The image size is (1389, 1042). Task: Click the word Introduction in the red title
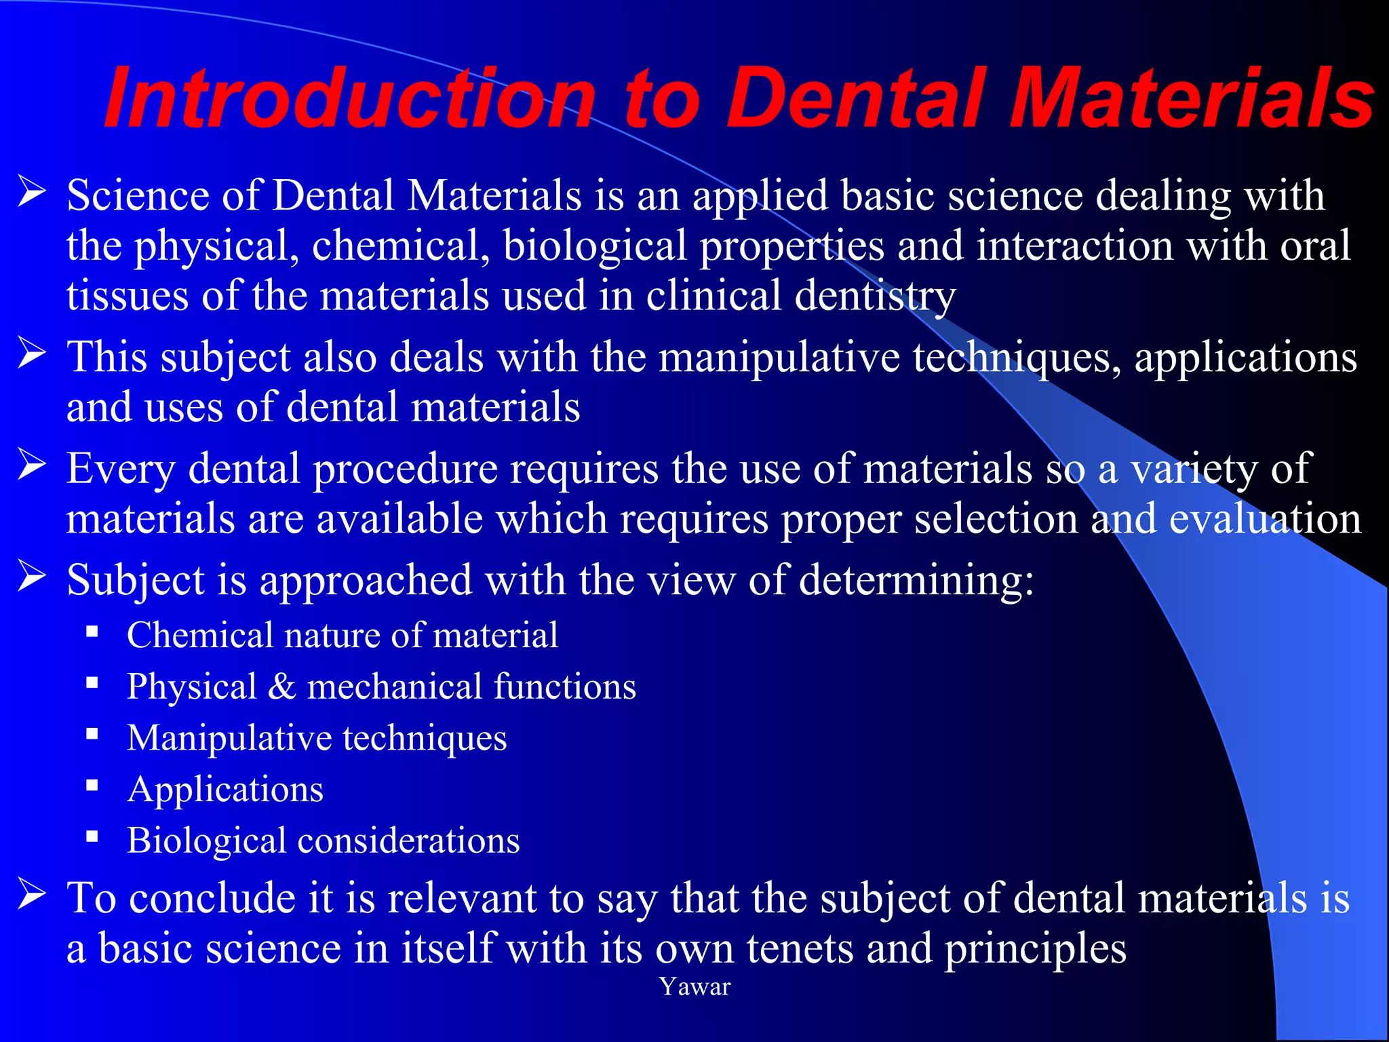coord(349,98)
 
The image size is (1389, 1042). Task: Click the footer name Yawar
coord(695,987)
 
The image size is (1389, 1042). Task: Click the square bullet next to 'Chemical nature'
coord(92,632)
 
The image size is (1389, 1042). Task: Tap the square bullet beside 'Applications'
coord(92,786)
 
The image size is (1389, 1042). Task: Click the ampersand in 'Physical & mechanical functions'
coord(281,687)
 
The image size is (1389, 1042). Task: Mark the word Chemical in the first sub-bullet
coord(199,636)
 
